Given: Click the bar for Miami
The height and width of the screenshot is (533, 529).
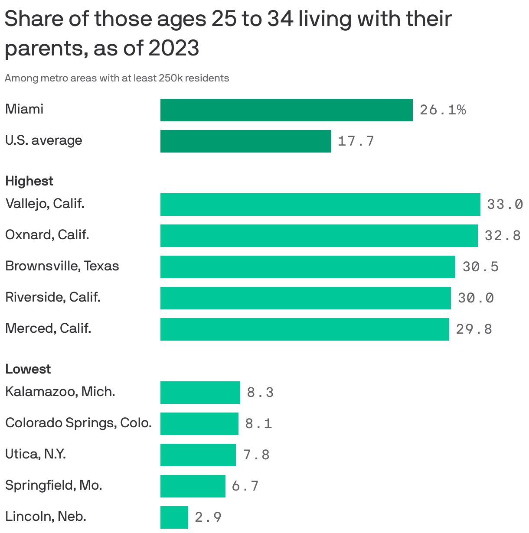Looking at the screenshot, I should pyautogui.click(x=286, y=110).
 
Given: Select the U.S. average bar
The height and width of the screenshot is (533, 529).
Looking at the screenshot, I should pyautogui.click(x=245, y=141).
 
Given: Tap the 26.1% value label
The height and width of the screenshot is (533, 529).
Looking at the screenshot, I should pyautogui.click(x=443, y=110).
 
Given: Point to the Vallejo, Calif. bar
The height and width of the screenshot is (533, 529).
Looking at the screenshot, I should pyautogui.click(x=320, y=204).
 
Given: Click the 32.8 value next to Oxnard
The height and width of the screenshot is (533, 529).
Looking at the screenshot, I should pyautogui.click(x=503, y=235).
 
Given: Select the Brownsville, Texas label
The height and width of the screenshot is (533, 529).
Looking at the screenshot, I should pyautogui.click(x=62, y=266).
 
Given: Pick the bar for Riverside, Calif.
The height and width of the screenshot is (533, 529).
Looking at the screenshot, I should pyautogui.click(x=305, y=298).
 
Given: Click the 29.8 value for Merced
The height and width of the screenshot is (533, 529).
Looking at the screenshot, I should pyautogui.click(x=474, y=329).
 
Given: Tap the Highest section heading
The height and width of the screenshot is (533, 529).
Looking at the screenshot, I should pyautogui.click(x=29, y=181).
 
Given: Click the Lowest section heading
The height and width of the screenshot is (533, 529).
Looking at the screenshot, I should pyautogui.click(x=28, y=369).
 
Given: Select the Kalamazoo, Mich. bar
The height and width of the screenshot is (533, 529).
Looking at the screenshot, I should pyautogui.click(x=200, y=392).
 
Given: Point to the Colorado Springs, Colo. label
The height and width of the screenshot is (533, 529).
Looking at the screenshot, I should pyautogui.click(x=78, y=422).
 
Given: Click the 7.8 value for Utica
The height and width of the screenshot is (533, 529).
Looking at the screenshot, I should pyautogui.click(x=256, y=455).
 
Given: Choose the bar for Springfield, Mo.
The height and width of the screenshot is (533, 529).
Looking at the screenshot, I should pyautogui.click(x=193, y=486).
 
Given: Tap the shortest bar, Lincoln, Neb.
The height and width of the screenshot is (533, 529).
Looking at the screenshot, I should pyautogui.click(x=174, y=517).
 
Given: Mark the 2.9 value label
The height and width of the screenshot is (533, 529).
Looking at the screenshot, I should pyautogui.click(x=208, y=517).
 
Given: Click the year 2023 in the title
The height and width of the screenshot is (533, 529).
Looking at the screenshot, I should pyautogui.click(x=174, y=48).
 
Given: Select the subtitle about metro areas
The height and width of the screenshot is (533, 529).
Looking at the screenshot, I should pyautogui.click(x=117, y=78).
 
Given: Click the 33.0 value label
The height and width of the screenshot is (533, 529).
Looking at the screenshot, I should pyautogui.click(x=505, y=204).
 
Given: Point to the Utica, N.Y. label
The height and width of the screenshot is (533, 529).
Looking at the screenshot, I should pyautogui.click(x=36, y=454).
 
